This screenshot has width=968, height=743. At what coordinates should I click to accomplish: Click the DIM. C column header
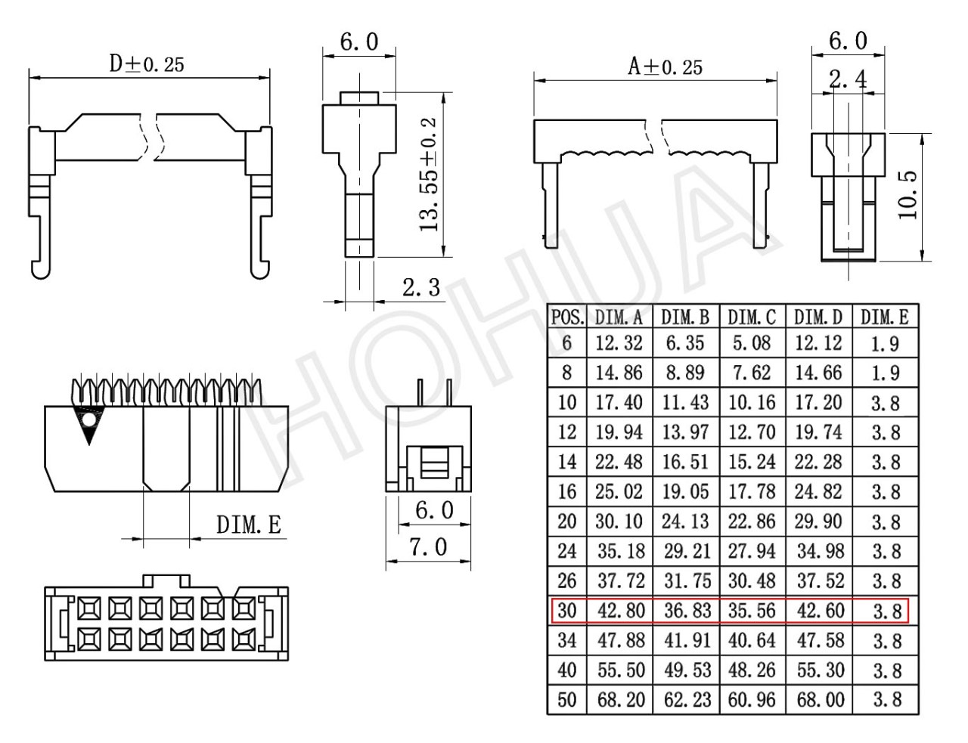[x=752, y=317]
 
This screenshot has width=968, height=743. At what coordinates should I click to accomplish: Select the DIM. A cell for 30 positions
[x=621, y=611]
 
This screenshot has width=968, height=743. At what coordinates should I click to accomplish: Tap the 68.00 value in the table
[x=821, y=700]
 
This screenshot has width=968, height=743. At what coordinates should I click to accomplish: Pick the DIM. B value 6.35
[x=685, y=343]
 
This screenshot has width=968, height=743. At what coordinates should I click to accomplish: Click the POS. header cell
[x=567, y=317]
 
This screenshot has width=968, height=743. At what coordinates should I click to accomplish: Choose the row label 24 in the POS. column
[x=566, y=551]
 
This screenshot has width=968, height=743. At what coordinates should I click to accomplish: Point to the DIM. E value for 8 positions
[x=885, y=373]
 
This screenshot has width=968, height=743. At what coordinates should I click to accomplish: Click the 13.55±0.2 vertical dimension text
[x=429, y=175]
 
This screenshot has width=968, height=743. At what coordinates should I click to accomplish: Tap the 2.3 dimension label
[x=421, y=287]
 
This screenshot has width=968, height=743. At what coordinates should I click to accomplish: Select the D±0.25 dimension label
[x=147, y=64]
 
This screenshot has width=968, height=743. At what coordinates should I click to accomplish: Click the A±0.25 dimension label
[x=665, y=68]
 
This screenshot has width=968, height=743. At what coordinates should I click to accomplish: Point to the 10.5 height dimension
[x=907, y=195]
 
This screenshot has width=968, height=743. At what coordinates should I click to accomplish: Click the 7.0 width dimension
[x=428, y=547]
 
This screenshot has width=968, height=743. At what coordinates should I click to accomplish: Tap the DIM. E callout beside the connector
[x=249, y=525]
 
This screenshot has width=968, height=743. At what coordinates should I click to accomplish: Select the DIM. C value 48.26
[x=752, y=670]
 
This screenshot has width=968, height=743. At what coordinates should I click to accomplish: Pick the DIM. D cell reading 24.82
[x=818, y=492]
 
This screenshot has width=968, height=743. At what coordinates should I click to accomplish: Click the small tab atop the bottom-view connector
[x=166, y=580]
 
